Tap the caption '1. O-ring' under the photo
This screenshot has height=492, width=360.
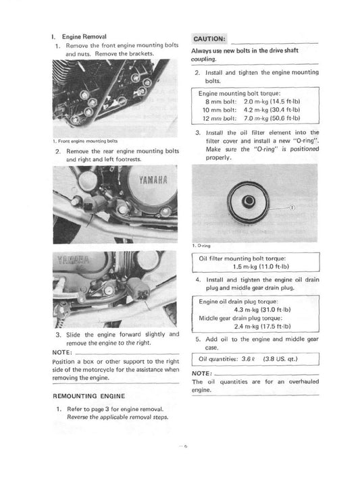click(203, 246)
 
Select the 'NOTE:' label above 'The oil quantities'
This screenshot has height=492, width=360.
click(203, 373)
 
